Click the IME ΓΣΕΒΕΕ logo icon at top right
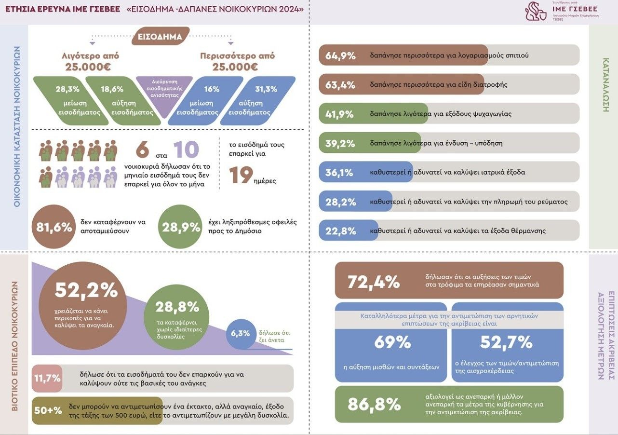point(536,12)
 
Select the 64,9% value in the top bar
point(340,55)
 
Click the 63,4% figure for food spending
point(340,85)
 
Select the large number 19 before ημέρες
point(241,175)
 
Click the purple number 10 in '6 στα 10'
point(186,150)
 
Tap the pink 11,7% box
point(47,378)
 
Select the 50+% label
point(48,410)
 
